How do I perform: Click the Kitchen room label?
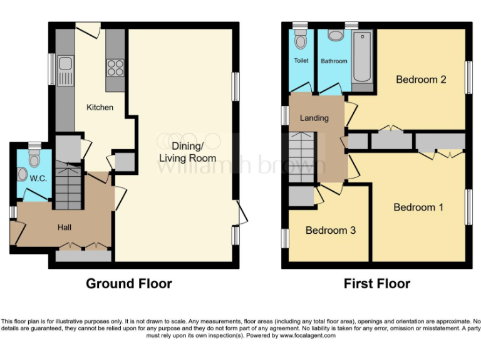(x=100, y=107)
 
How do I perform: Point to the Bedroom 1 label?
(x=418, y=207)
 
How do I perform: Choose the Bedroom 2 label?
(x=421, y=80)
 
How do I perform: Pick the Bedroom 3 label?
(x=331, y=231)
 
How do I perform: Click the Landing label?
(x=314, y=118)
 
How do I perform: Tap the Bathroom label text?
(x=334, y=61)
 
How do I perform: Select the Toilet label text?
(x=301, y=61)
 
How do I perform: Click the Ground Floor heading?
(x=129, y=284)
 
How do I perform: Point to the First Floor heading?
(x=377, y=284)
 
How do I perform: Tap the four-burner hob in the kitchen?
(x=115, y=66)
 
